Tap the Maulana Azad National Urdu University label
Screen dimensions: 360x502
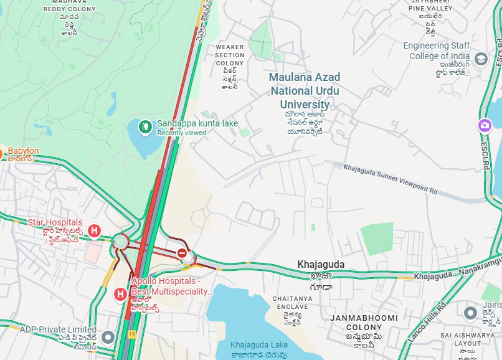click(x=305, y=90)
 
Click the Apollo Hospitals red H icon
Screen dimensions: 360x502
click(x=121, y=293)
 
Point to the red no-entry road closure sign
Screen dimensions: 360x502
click(x=182, y=253)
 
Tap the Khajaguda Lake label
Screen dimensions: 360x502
click(x=258, y=345)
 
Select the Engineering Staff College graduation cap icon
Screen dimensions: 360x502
click(x=481, y=59)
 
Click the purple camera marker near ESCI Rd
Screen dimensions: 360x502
click(x=485, y=126)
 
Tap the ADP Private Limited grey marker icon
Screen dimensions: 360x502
click(x=108, y=338)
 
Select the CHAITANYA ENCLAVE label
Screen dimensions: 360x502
click(x=292, y=303)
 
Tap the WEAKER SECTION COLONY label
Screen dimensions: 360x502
click(x=230, y=55)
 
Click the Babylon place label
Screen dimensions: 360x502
click(x=23, y=151)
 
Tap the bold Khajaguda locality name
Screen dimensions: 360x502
click(x=321, y=265)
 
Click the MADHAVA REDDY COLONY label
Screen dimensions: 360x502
click(x=69, y=6)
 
